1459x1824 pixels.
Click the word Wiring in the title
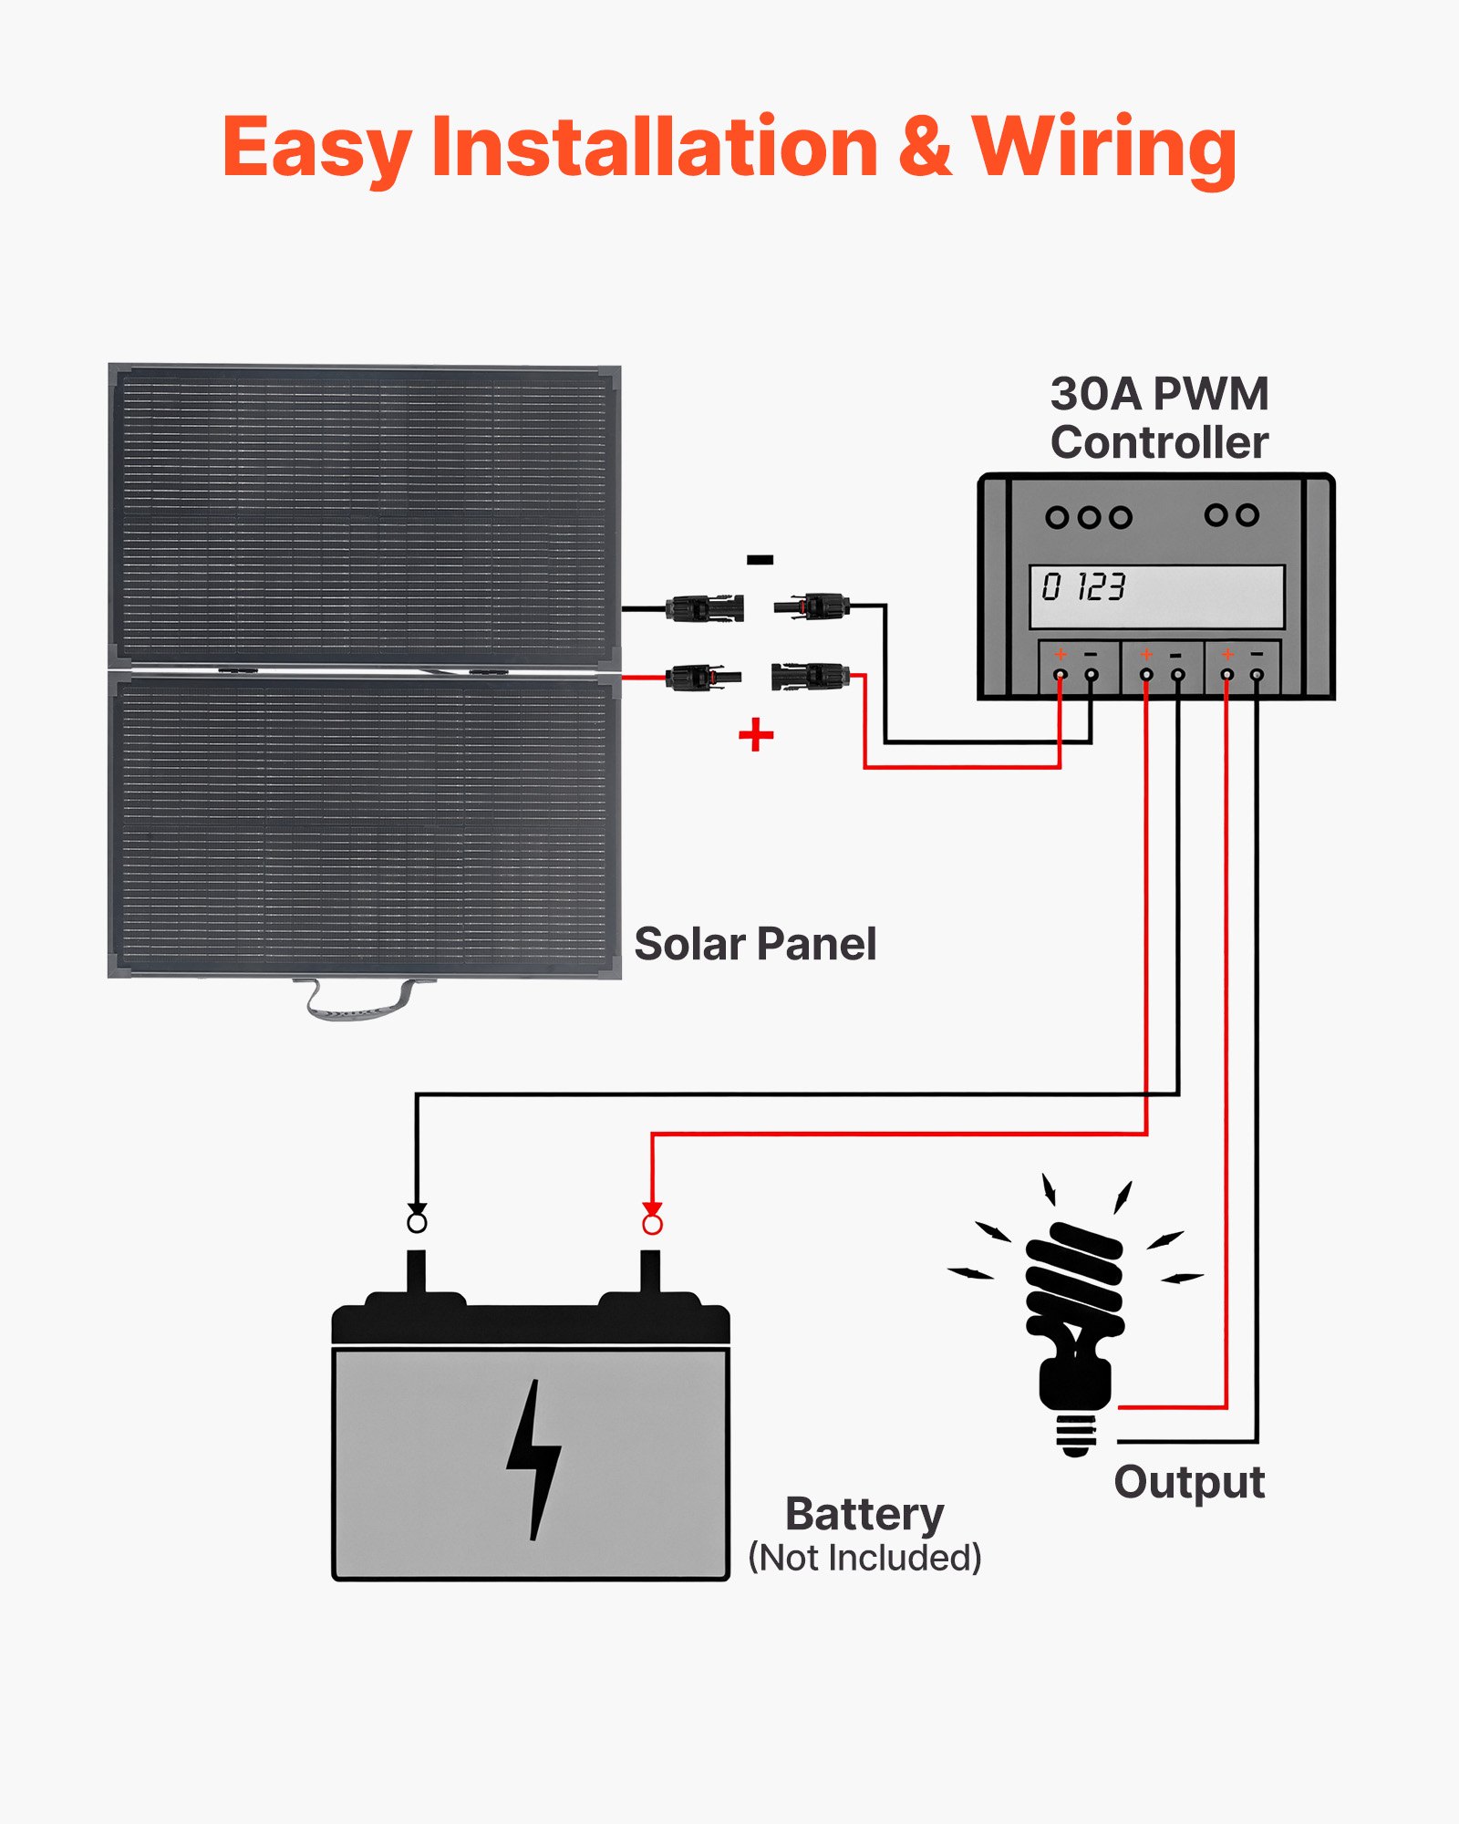(1104, 148)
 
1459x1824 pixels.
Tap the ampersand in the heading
(925, 148)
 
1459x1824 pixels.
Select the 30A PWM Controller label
(1158, 419)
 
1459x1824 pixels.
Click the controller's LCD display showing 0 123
(1156, 596)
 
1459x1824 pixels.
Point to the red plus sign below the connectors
(756, 734)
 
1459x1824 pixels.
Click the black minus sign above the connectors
(760, 560)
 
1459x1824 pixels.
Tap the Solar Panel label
(755, 944)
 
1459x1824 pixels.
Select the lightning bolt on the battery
(534, 1460)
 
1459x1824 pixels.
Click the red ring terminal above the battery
(652, 1224)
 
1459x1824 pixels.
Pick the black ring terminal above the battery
(417, 1221)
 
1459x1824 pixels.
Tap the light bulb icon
(1076, 1313)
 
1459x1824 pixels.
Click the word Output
(1189, 1482)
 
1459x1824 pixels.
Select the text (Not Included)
(864, 1558)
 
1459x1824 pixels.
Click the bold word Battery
(864, 1515)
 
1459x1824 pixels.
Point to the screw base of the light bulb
(1076, 1435)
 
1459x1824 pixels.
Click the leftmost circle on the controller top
(1056, 518)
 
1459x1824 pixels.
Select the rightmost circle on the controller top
(1248, 515)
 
